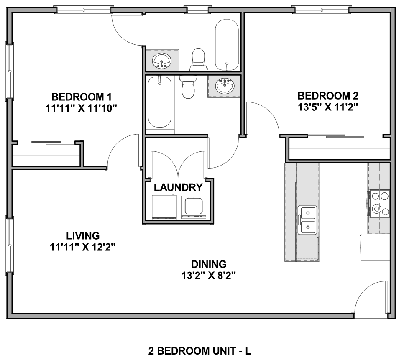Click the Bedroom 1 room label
(82, 97)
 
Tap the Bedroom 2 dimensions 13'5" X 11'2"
(328, 107)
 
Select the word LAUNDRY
(178, 187)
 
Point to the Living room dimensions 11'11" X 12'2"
(82, 247)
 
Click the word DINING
(209, 264)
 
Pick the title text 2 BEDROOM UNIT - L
(199, 351)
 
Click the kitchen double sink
(307, 220)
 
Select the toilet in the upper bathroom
(198, 60)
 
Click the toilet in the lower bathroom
(188, 87)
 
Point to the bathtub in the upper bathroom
(227, 45)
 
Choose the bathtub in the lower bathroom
(160, 102)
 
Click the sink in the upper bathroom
(162, 61)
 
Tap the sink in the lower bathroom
(225, 86)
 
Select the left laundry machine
(164, 207)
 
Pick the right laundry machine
(194, 207)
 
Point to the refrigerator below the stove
(375, 247)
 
